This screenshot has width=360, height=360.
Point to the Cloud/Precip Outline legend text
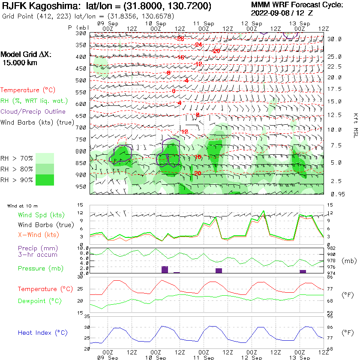coord(33,111)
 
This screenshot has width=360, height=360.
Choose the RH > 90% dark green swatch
coord(45,180)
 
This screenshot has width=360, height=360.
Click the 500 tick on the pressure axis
coord(81,80)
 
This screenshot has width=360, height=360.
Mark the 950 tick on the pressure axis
coord(81,187)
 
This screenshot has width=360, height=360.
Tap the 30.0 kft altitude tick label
coord(334,39)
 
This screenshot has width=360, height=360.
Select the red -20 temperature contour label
coord(216,51)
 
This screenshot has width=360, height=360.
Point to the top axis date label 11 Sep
coord(203,23)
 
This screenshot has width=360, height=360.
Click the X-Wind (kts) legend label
coord(38,235)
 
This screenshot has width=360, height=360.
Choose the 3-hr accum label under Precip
coord(32,255)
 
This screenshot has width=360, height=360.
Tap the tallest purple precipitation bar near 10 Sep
coord(165,270)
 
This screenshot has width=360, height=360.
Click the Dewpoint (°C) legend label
coord(40,301)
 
